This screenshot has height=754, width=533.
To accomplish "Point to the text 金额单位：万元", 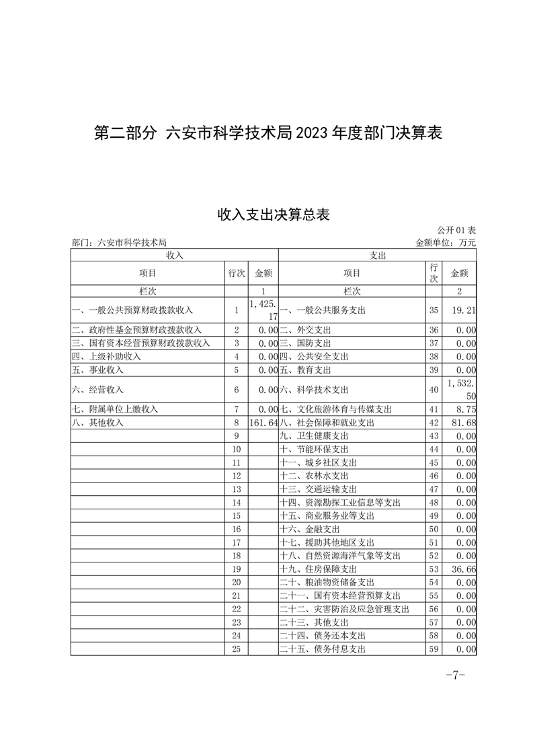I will coord(446,243).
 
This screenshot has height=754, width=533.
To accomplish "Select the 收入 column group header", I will coord(175,255).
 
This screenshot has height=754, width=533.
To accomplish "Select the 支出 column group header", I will coord(378,255).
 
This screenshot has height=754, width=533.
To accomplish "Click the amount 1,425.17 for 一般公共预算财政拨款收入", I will coord(263,310).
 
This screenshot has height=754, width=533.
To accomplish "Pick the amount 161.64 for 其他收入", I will coord(263,423).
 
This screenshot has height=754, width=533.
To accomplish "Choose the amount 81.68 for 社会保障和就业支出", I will coord(464,423).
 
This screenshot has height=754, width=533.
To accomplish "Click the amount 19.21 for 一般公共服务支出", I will coord(464,310).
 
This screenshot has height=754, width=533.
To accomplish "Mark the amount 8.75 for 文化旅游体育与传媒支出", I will coord(466,409).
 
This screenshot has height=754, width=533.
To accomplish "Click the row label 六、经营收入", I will coord(98,389).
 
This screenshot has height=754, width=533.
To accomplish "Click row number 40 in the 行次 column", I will coord(434,389).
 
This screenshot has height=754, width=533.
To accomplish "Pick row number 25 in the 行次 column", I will coord(236,649).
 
